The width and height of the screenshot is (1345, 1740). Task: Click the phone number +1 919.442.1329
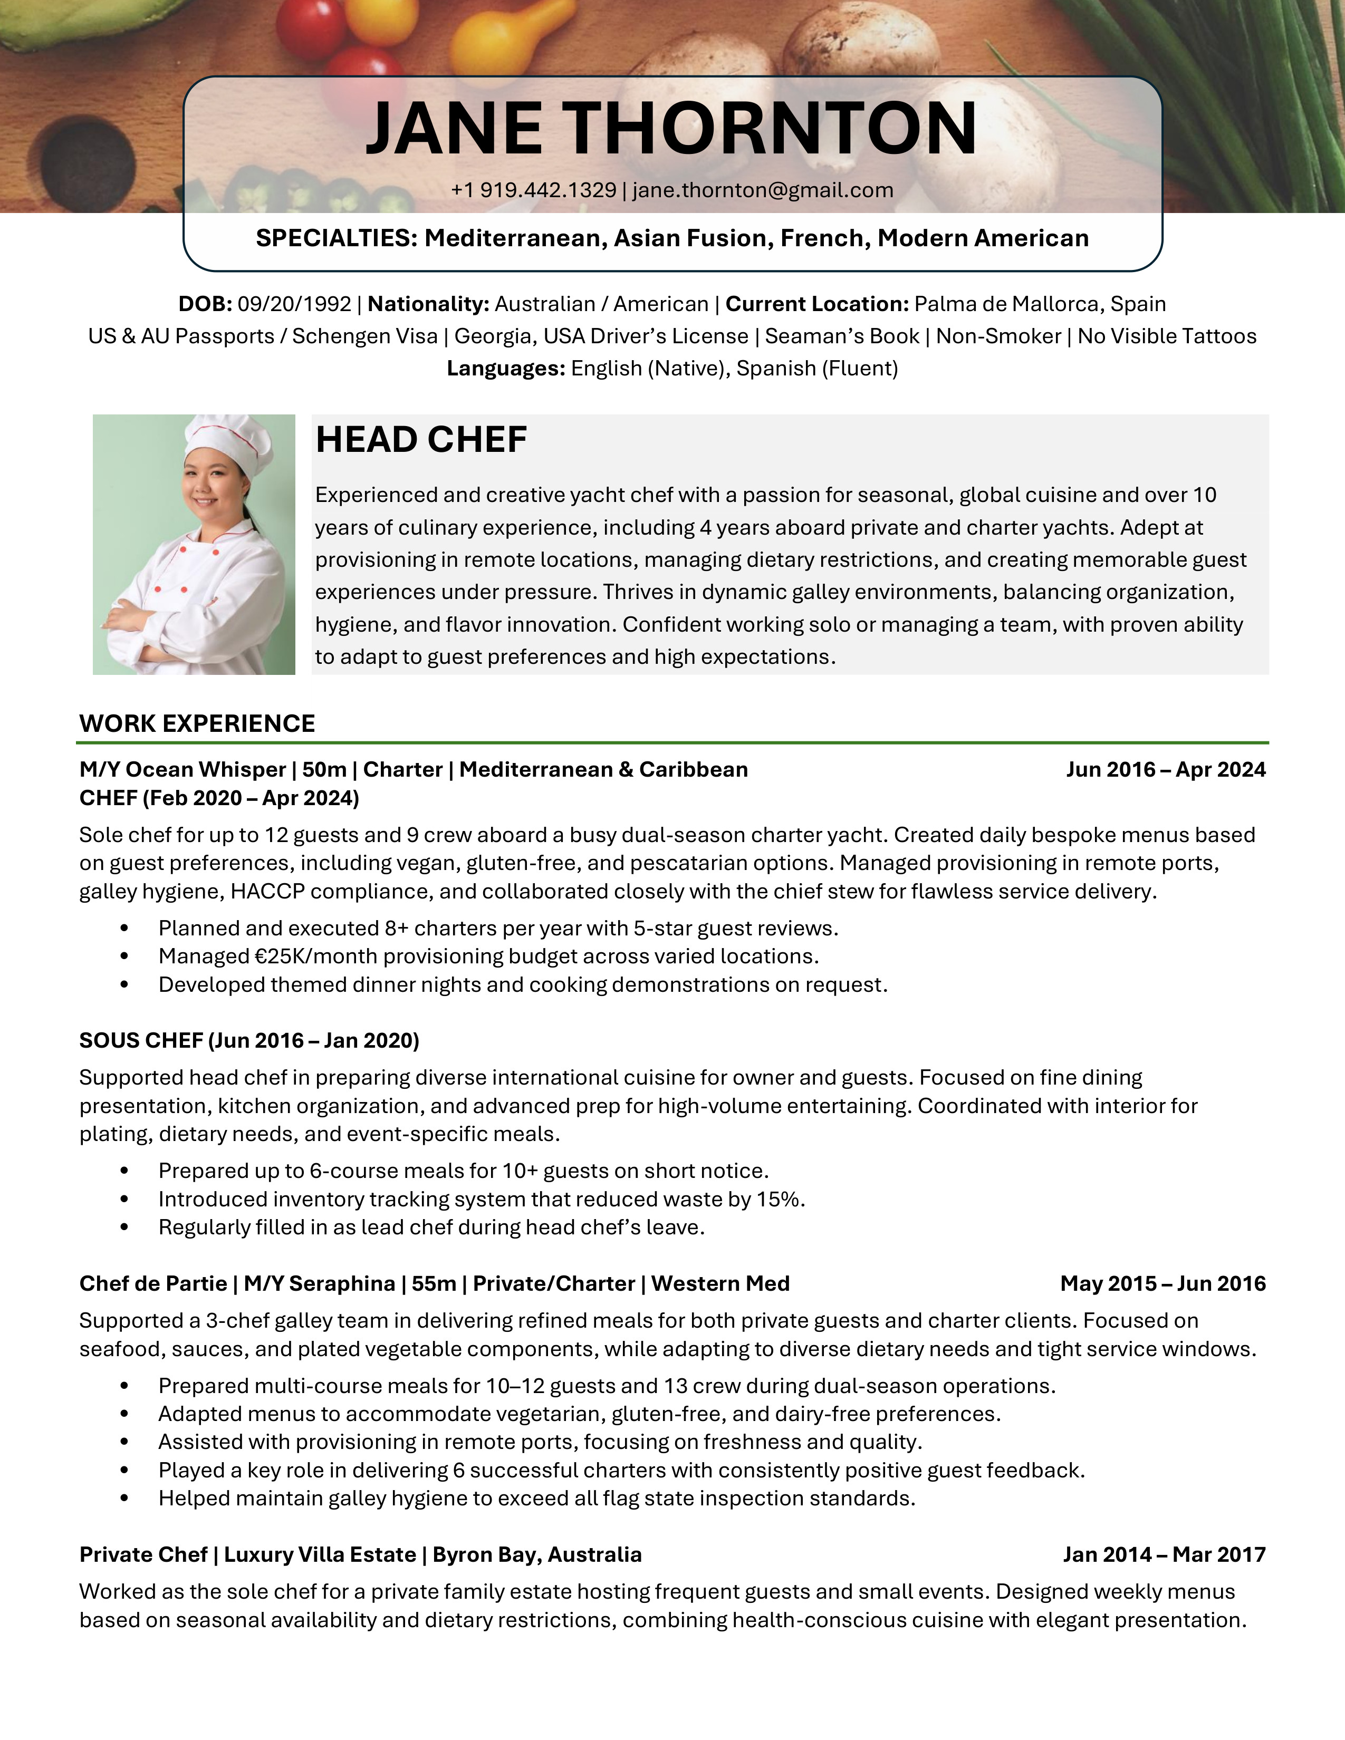(533, 190)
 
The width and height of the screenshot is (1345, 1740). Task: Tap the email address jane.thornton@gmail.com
(763, 190)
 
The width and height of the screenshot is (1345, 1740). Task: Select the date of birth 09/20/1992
(294, 304)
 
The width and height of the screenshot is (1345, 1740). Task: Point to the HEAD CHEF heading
(421, 440)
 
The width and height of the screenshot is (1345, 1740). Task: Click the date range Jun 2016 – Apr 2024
(1165, 770)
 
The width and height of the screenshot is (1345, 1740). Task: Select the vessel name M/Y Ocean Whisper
(182, 770)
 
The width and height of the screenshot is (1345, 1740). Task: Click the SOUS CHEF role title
(141, 1040)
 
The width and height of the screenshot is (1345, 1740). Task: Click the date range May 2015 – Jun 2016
(1162, 1283)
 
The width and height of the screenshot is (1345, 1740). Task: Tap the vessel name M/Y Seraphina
(319, 1283)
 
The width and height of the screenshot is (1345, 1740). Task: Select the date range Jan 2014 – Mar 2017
(1164, 1554)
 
